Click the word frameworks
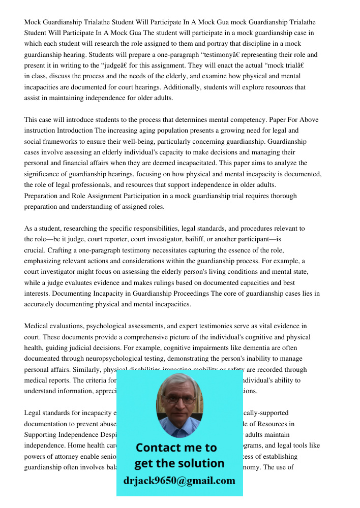[58, 141]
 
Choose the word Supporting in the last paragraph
[41, 435]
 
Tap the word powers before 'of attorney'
[36, 457]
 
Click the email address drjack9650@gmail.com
[179, 481]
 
